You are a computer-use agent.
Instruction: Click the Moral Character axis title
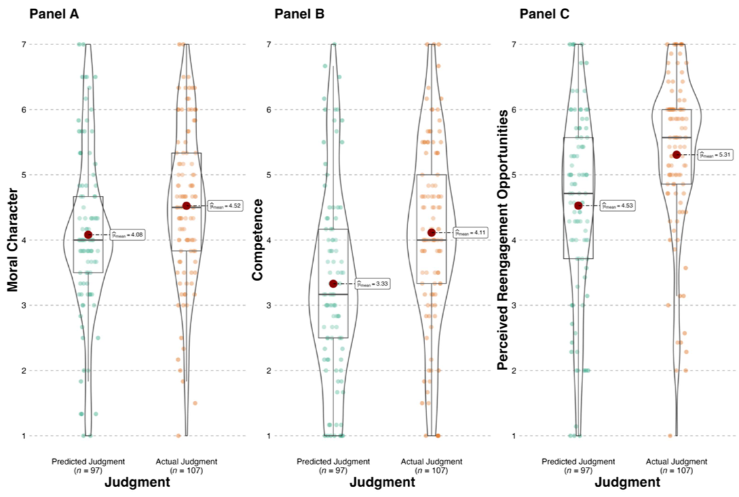[13, 240]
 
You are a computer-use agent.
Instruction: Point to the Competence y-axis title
[258, 240]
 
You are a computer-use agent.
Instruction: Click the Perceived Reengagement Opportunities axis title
[503, 240]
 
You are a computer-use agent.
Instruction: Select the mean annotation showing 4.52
[225, 206]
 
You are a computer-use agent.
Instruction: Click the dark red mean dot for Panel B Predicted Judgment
[333, 284]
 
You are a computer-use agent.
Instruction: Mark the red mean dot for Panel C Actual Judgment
[677, 155]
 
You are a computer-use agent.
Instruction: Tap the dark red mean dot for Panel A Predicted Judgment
[88, 234]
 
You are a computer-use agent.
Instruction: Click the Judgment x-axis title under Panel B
[382, 483]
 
